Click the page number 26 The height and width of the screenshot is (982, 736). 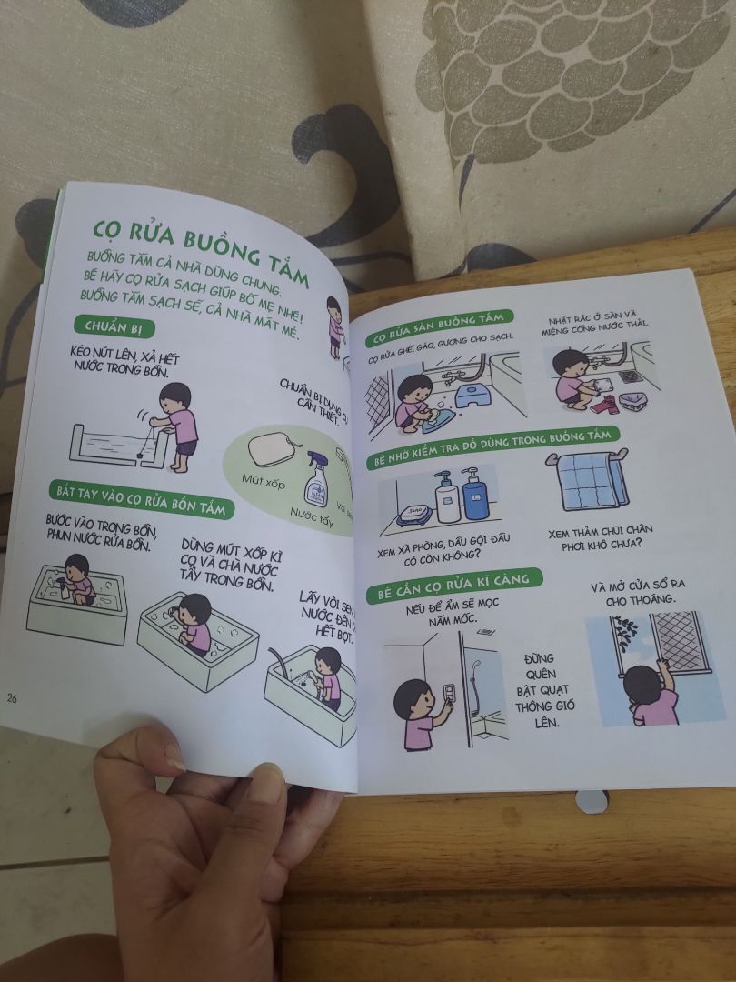click(x=13, y=698)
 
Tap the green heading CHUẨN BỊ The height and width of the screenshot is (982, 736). click(x=114, y=326)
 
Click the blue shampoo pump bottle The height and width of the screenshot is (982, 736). click(x=474, y=496)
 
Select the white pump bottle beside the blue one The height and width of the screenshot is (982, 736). click(x=446, y=498)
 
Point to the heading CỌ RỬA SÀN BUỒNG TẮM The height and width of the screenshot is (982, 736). click(x=438, y=328)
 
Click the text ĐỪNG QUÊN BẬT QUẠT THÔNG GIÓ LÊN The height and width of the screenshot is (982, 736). click(x=544, y=690)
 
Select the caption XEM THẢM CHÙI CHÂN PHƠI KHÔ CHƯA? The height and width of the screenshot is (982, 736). click(x=595, y=537)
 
